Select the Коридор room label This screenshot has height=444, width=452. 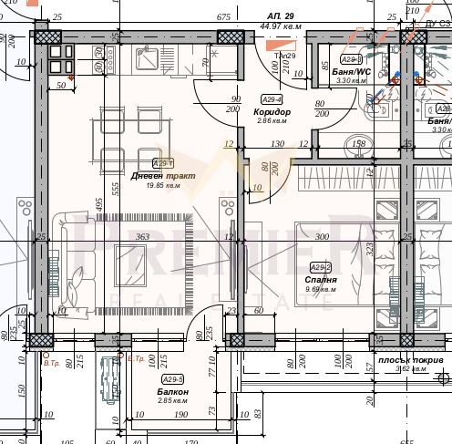[272, 111]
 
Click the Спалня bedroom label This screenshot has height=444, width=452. [322, 280]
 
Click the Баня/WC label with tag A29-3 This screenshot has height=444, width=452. [350, 71]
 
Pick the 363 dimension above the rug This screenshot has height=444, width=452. [142, 237]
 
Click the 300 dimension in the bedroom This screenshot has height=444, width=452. [321, 237]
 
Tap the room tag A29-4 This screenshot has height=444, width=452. [271, 99]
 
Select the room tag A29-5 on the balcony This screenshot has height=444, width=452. [172, 379]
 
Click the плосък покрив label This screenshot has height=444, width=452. [411, 360]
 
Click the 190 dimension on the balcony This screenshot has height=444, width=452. [180, 415]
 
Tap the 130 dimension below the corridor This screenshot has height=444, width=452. [278, 144]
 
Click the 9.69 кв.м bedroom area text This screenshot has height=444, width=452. [322, 290]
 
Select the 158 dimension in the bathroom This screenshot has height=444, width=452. [358, 144]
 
